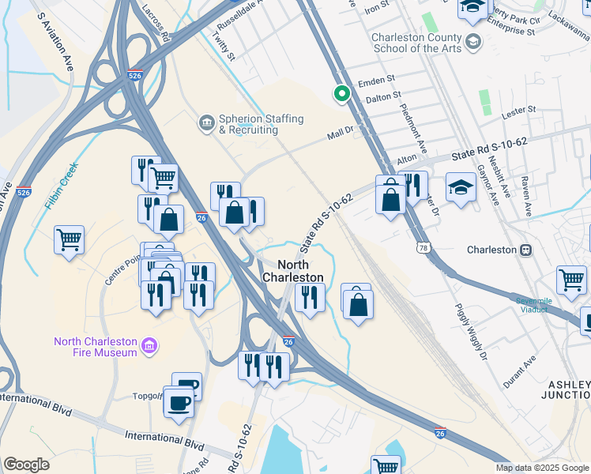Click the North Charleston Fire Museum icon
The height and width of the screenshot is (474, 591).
(x=149, y=346)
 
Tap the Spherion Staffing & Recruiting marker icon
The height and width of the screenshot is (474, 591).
(x=206, y=122)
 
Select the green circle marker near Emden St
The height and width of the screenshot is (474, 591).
(x=342, y=94)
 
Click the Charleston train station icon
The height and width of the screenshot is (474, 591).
(x=525, y=250)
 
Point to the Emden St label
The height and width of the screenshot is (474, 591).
(x=375, y=82)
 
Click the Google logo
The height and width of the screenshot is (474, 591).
(x=26, y=465)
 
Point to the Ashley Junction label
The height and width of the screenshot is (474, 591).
(x=568, y=389)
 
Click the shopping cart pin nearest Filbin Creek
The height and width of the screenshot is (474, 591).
(x=70, y=239)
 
